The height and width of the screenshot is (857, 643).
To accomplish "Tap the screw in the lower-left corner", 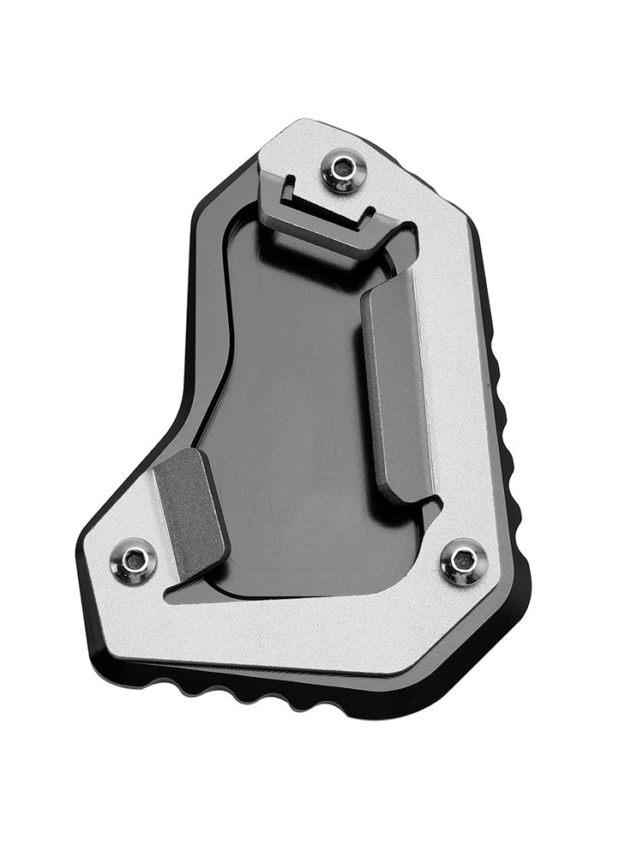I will pyautogui.click(x=135, y=562).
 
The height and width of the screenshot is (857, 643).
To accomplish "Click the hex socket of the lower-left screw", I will pyautogui.click(x=135, y=561).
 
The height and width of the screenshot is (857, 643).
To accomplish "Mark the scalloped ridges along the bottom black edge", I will pyautogui.click(x=257, y=691).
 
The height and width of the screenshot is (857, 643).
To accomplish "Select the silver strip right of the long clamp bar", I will pyautogui.click(x=450, y=386).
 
